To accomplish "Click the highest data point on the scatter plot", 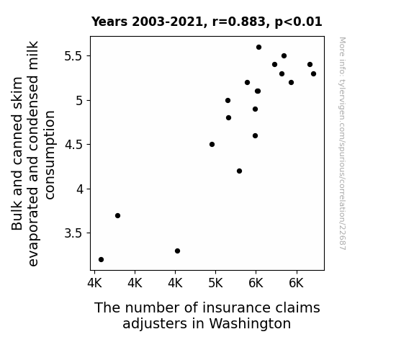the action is (x=258, y=48).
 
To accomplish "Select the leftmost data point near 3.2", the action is (x=101, y=260).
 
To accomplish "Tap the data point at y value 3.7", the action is (x=118, y=216).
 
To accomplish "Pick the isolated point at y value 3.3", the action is (x=177, y=251).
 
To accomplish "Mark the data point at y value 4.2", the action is (x=240, y=171).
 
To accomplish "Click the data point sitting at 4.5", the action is (x=212, y=145).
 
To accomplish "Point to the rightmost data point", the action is (x=314, y=74).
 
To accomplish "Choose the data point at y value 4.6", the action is (x=256, y=136).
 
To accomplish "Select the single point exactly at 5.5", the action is (x=284, y=56).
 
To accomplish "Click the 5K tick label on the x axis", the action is (x=215, y=284).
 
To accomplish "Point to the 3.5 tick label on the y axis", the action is (x=74, y=233).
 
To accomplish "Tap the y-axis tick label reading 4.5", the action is (x=74, y=145).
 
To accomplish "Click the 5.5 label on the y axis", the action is (x=74, y=56).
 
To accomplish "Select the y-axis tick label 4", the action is (x=80, y=189).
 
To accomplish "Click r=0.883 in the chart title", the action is (x=239, y=22).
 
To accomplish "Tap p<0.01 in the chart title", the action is (x=299, y=22).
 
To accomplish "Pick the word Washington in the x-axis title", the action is (x=250, y=323).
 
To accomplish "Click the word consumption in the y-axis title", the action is (x=50, y=155).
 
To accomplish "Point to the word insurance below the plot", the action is (x=237, y=308).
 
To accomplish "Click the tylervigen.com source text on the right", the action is (x=342, y=144).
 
